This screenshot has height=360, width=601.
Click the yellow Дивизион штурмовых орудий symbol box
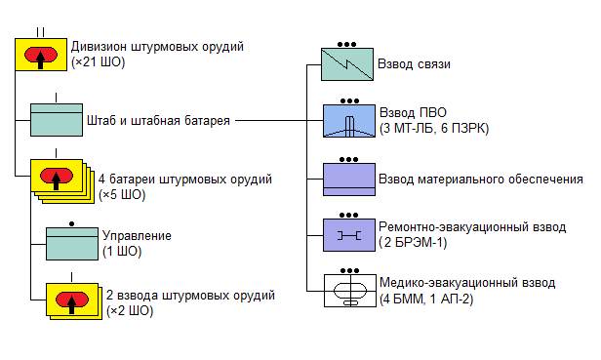pyautogui.click(x=41, y=55)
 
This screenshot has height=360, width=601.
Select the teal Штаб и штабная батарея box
pyautogui.click(x=57, y=120)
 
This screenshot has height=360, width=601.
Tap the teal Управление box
pyautogui.click(x=72, y=244)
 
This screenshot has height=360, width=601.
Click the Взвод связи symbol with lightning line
pyautogui.click(x=347, y=64)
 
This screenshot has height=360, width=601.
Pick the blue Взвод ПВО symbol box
pyautogui.click(x=349, y=121)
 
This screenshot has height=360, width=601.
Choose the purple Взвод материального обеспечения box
pyautogui.click(x=349, y=180)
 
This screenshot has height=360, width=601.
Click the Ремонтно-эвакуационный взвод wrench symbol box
pyautogui.click(x=349, y=235)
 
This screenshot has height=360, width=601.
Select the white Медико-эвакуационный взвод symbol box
pyautogui.click(x=350, y=291)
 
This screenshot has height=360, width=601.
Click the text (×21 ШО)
pyautogui.click(x=99, y=62)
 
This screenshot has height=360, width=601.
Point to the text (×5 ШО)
pyautogui.click(x=122, y=195)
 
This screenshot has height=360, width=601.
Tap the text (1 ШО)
pyautogui.click(x=122, y=252)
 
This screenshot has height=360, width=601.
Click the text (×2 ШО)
pyautogui.click(x=130, y=310)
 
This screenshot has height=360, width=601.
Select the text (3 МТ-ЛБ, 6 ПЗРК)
pyautogui.click(x=434, y=128)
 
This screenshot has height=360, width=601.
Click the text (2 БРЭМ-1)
pyautogui.click(x=413, y=243)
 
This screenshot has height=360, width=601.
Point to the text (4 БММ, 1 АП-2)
pyautogui.click(x=426, y=299)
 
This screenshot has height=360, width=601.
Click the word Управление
pyautogui.click(x=137, y=235)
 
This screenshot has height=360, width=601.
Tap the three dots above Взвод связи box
pyautogui.click(x=347, y=45)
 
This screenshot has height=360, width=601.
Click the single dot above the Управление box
pyautogui.click(x=71, y=223)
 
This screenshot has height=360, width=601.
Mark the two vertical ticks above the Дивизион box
pyautogui.click(x=41, y=32)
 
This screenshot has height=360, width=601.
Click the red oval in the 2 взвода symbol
pyautogui.click(x=72, y=300)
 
